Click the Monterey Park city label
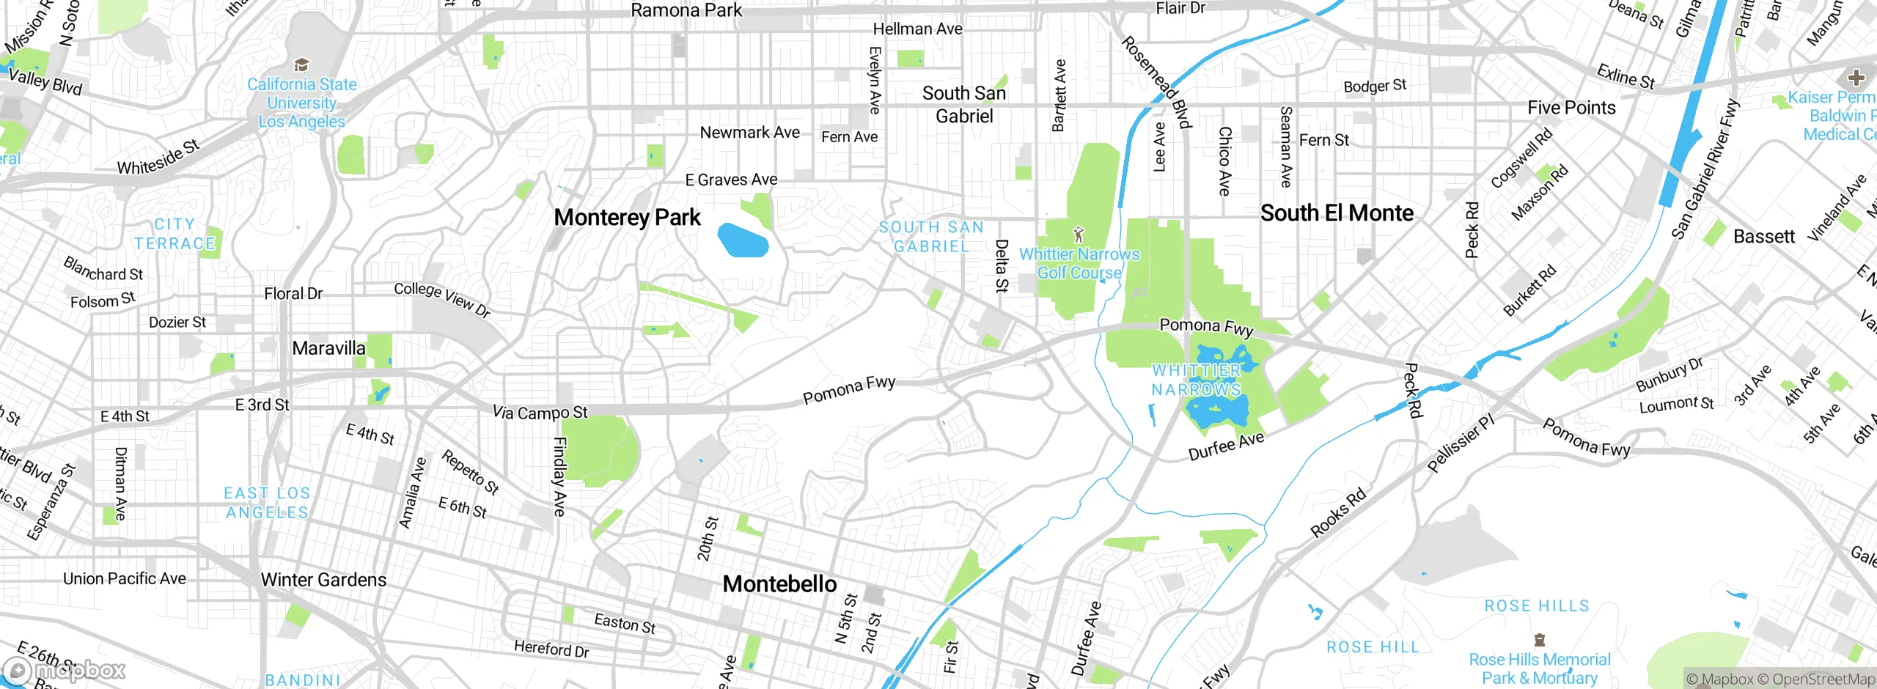point(627,218)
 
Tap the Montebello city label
point(779,584)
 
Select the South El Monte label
point(1337,213)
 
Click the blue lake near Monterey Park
point(742,240)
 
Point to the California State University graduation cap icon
point(301,65)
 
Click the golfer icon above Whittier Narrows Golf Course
point(1078,235)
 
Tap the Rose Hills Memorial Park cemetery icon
point(1539,640)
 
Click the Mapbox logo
point(65,671)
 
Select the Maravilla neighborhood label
point(328,348)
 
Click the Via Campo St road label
point(540,413)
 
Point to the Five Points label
point(1571,108)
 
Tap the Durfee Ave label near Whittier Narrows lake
point(1226,446)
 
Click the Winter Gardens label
point(323,580)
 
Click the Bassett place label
point(1763,237)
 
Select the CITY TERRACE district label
point(175,234)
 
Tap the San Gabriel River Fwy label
point(1705,169)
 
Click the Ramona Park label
point(686,10)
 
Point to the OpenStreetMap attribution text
point(1823,679)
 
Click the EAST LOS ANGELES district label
point(267,503)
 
